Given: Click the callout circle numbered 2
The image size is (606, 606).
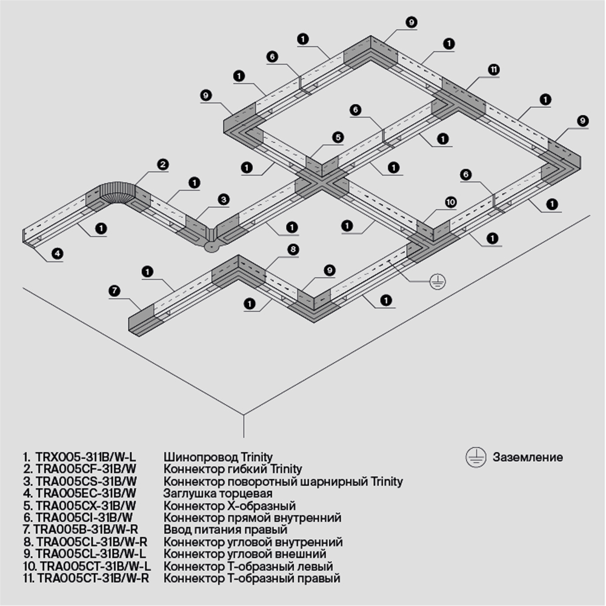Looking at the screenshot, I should tap(162, 164).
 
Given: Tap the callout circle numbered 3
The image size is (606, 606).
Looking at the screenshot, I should tap(224, 199).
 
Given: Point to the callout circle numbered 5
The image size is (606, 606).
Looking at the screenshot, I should tap(338, 138).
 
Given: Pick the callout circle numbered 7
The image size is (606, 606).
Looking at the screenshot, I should tap(114, 291).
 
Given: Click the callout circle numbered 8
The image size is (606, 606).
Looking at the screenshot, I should tap(293, 249).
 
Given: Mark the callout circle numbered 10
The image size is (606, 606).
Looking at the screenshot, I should tap(450, 202).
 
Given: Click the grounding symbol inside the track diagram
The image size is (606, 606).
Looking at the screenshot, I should tap(436, 281).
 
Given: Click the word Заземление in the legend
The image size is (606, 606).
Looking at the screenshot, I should tap(527, 458).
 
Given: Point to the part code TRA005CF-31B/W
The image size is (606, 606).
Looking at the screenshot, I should tap(86, 470).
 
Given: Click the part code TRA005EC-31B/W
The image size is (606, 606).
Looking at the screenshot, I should tap(86, 493).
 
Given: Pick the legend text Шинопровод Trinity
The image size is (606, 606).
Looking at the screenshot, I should tap(218, 458).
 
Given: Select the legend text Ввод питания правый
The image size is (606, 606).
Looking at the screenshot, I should tap(220, 530).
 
